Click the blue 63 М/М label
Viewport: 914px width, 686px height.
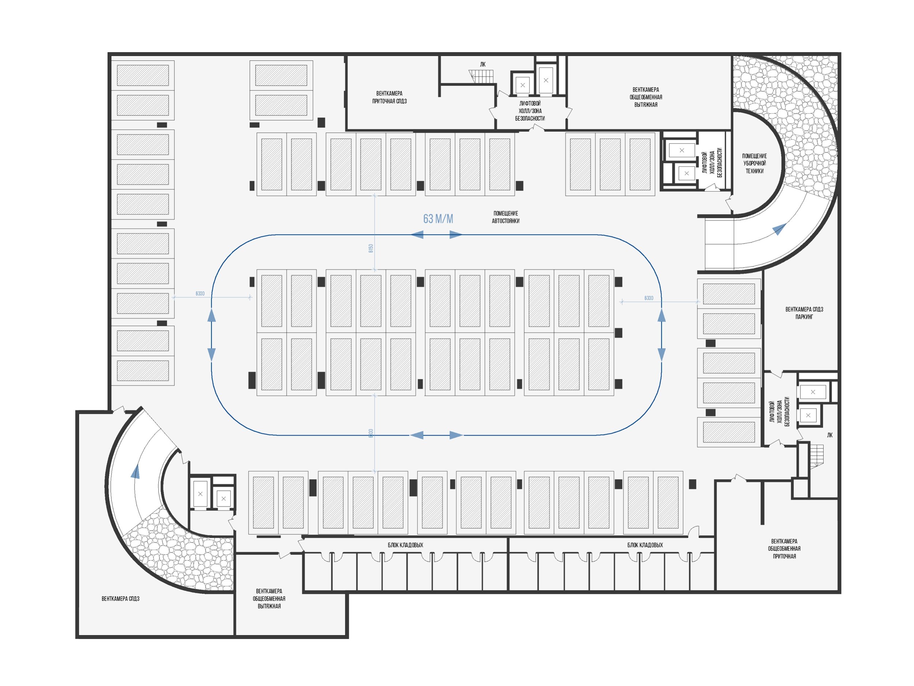click(438, 219)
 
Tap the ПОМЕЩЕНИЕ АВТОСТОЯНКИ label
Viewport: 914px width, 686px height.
click(505, 217)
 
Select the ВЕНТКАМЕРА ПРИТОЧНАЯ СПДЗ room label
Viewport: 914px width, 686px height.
click(389, 98)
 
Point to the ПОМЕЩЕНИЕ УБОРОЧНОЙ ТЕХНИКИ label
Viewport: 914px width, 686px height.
click(754, 163)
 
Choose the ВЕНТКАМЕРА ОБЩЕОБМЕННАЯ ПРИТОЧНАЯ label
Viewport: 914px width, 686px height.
click(784, 549)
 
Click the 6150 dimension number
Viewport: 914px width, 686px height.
click(371, 248)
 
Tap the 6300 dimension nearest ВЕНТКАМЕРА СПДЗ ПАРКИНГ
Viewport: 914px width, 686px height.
click(649, 298)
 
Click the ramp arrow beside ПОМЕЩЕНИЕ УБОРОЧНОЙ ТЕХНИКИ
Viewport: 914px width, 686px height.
click(779, 229)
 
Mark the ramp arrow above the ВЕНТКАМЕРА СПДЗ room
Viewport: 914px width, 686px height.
click(135, 471)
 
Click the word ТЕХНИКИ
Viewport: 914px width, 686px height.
click(754, 171)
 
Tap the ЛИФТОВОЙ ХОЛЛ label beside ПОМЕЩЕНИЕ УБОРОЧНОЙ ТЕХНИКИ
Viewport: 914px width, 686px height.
click(712, 163)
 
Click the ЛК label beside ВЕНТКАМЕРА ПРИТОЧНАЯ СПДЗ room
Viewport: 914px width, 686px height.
click(483, 64)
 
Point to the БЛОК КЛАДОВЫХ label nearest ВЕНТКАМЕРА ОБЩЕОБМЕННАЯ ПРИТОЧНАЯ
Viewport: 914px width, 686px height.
click(645, 545)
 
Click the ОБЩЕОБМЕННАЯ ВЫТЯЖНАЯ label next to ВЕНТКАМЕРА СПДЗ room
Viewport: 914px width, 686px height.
click(269, 598)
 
